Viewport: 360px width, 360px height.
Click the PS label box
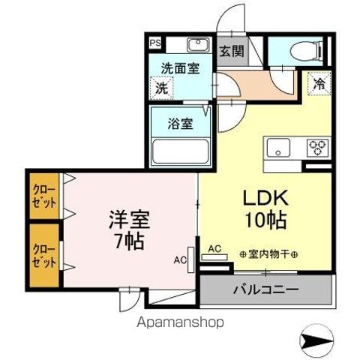pyautogui.click(x=154, y=43)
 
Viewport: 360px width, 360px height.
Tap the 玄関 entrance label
pyautogui.click(x=232, y=52)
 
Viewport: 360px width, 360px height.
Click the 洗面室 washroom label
pyautogui.click(x=180, y=68)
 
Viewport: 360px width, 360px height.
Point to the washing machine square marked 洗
pyautogui.click(x=162, y=88)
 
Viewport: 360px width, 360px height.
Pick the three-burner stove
pyautogui.click(x=317, y=147)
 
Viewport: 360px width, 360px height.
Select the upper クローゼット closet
pyautogui.click(x=43, y=196)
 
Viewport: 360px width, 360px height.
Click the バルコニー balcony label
pyautogui.click(x=265, y=289)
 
